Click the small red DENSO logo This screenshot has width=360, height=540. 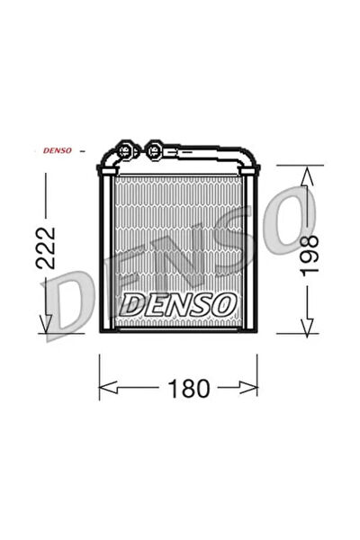58,150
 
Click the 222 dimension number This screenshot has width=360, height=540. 46,247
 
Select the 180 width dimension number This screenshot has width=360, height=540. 189,389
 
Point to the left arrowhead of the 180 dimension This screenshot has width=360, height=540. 108,387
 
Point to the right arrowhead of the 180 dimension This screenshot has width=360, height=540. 248,387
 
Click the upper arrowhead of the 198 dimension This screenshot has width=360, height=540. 307,175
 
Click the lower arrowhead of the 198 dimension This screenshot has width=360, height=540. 307,327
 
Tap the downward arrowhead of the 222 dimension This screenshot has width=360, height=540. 46,324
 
